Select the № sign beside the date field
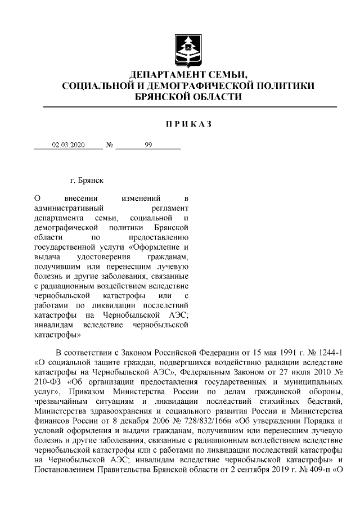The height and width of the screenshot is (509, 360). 110,145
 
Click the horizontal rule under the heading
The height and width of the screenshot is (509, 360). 186,106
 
